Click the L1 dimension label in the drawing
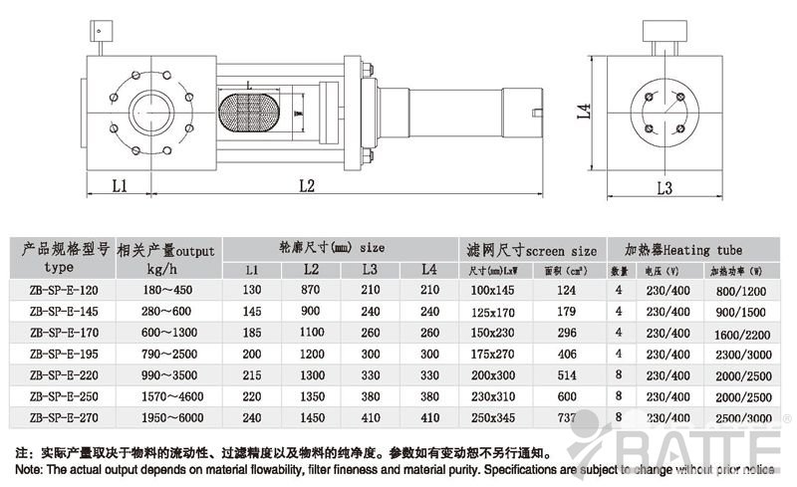pos(119,184)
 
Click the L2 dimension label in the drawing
pos(306,184)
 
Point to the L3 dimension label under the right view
pos(666,187)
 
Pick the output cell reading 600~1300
pos(163,333)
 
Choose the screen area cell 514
pos(567,375)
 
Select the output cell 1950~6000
pos(163,418)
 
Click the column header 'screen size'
pos(561,250)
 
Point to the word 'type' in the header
pos(59,268)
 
